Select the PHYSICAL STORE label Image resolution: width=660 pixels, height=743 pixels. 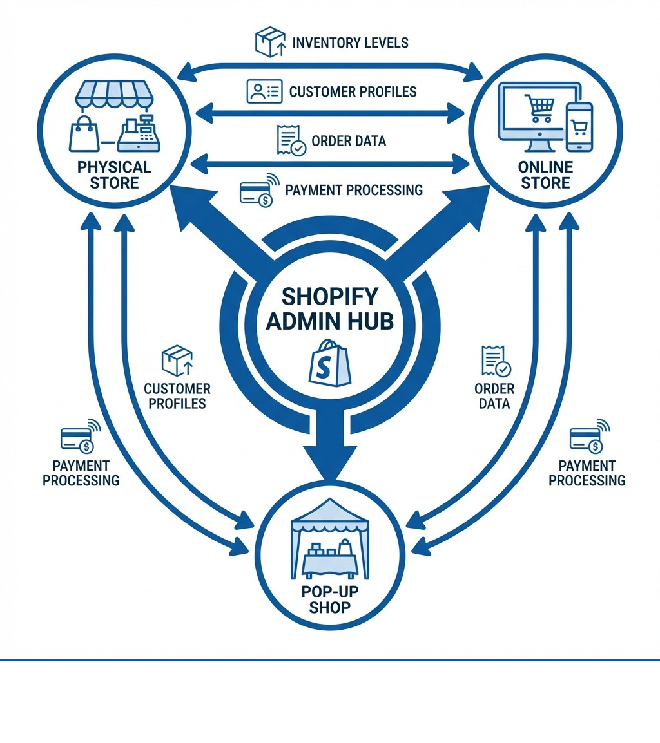tap(114, 175)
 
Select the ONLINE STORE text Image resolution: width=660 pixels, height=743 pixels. tap(545, 175)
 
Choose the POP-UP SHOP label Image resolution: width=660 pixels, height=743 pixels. tap(329, 599)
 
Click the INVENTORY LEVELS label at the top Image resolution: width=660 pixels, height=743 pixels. tap(350, 43)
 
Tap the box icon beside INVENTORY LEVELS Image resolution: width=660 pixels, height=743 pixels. tap(270, 42)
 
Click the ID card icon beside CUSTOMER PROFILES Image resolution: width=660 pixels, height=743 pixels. tap(264, 91)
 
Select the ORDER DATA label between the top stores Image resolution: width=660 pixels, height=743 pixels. tap(348, 141)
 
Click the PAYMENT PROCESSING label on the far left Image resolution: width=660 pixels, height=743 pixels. tap(81, 473)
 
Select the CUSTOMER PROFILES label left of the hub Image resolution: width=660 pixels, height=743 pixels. tap(177, 396)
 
